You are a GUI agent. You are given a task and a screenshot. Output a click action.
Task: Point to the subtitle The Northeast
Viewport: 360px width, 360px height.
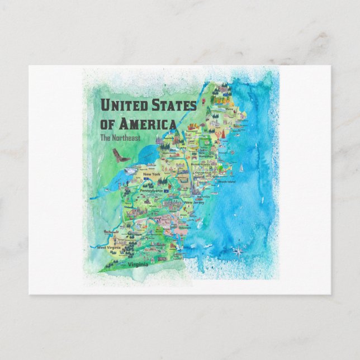tap(120, 138)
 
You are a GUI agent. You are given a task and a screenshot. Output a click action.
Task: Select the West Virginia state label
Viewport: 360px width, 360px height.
tap(109, 247)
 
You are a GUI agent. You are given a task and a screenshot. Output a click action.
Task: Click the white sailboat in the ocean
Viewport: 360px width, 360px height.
tap(241, 166)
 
